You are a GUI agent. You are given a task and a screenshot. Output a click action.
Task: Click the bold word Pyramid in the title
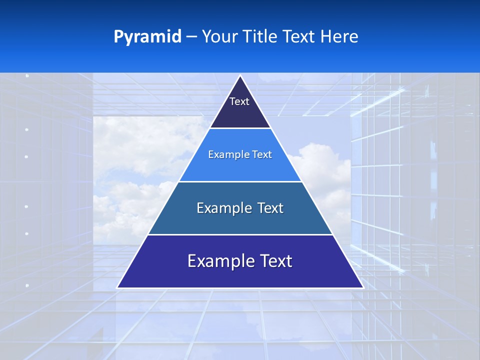[147, 37]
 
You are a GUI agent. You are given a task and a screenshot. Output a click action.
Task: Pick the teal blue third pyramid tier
[240, 220]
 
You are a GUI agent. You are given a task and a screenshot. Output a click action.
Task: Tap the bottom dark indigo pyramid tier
[240, 275]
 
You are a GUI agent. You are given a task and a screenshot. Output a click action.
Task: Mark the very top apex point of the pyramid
[240, 76]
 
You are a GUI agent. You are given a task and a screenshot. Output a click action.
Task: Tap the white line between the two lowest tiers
[240, 234]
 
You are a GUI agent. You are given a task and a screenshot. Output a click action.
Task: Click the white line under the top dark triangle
[240, 128]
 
